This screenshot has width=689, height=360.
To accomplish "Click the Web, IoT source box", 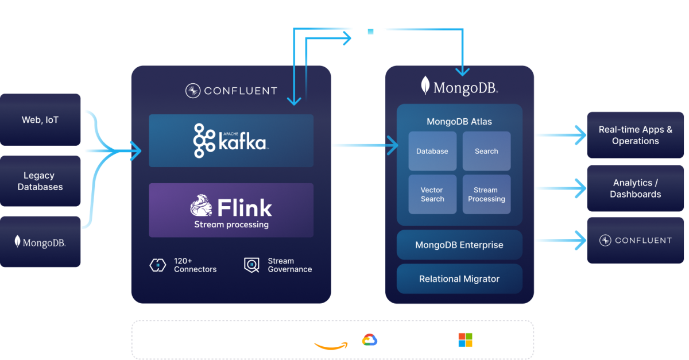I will click(x=40, y=119).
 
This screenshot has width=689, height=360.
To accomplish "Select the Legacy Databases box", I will click(x=40, y=181).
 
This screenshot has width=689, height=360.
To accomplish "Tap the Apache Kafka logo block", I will click(x=231, y=141).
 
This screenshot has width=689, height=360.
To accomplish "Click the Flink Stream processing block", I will click(x=231, y=210).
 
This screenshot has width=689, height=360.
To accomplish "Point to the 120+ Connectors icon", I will click(x=157, y=265).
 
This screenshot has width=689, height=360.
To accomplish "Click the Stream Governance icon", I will click(x=251, y=265).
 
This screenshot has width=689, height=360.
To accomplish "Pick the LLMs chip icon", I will click(x=370, y=31).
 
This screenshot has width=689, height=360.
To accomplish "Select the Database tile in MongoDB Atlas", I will click(x=432, y=151).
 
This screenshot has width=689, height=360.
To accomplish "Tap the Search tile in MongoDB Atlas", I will click(x=486, y=151).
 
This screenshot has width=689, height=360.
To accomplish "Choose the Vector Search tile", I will click(x=432, y=195).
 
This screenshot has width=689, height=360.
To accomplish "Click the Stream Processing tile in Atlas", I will click(x=486, y=195).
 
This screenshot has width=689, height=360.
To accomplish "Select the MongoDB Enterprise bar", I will click(x=459, y=245).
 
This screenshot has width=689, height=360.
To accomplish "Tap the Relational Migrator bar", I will click(x=459, y=279).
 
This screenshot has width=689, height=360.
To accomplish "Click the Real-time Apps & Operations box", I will click(x=635, y=135).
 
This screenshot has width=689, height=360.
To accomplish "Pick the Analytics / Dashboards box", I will click(x=635, y=188).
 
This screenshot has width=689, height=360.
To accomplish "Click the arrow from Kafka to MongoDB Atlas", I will click(x=365, y=145).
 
